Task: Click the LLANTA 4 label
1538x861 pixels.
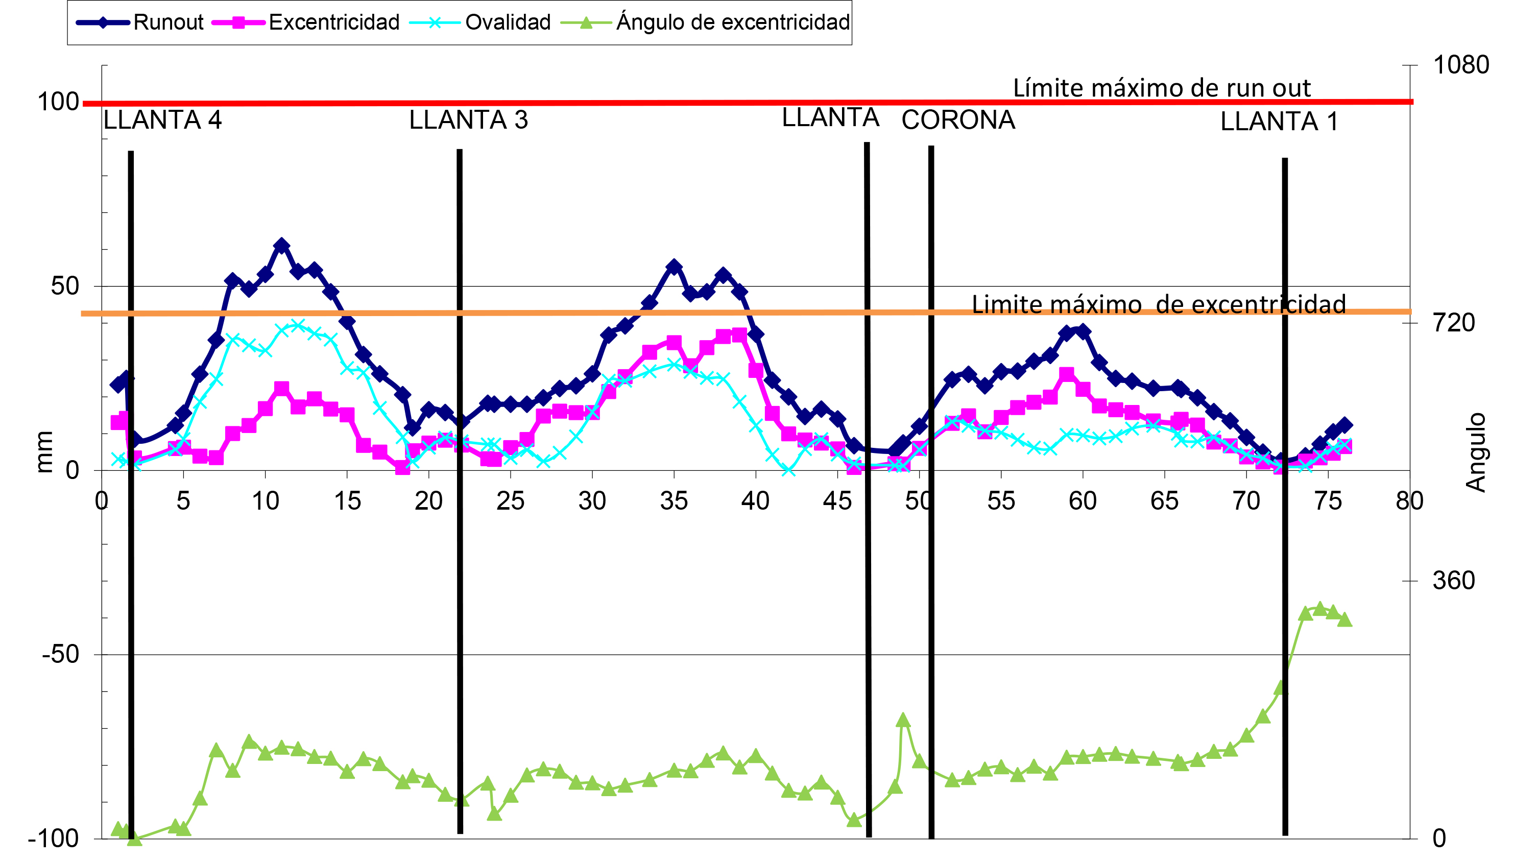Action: (162, 121)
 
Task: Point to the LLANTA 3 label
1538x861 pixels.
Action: (468, 121)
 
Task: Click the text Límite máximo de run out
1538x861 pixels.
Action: (1161, 88)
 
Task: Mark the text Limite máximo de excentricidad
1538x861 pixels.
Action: (1158, 304)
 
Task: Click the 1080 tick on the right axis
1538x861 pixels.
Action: (1460, 65)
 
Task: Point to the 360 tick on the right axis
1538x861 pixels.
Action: (1453, 580)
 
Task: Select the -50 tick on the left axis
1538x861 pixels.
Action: (60, 654)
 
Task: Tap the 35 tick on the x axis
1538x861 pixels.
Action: (674, 501)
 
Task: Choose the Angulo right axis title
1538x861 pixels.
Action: (1476, 452)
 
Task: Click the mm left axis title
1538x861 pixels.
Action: (44, 452)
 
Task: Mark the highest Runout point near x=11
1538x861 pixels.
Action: (281, 246)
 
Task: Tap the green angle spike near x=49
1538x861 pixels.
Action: (903, 720)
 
